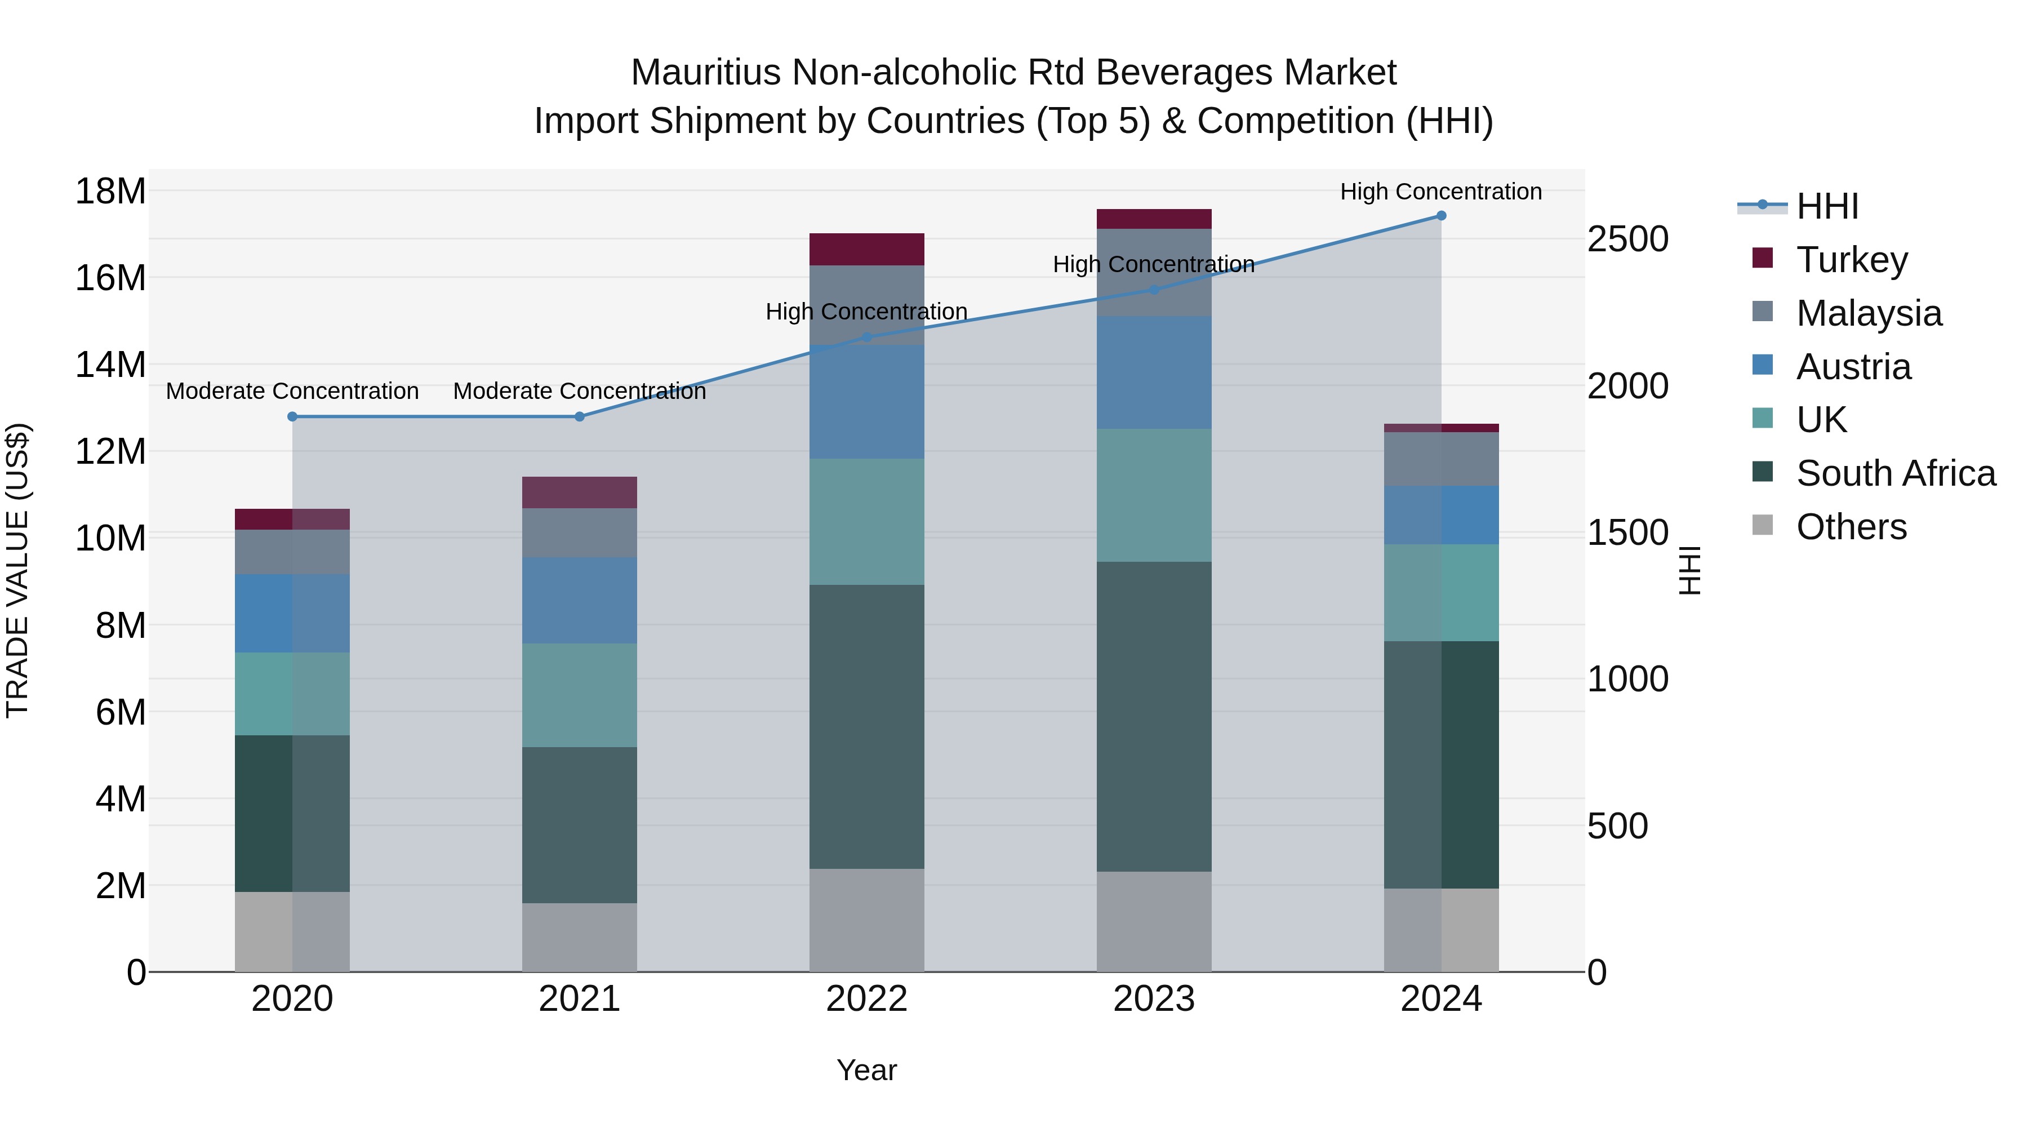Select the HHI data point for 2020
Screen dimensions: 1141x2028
pos(292,416)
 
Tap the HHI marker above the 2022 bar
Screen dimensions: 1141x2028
pos(867,337)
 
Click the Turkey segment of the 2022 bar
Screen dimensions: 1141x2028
pos(867,249)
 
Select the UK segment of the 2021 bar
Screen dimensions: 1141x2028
pos(580,695)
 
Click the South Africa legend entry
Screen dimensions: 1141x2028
pos(1895,473)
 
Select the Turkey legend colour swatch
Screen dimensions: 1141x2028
pos(1763,258)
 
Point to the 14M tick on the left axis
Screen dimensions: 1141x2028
pos(110,365)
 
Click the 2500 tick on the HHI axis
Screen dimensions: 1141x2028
pos(1627,239)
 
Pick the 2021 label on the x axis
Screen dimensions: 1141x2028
pos(580,999)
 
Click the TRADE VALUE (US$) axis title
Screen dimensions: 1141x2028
pos(18,570)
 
